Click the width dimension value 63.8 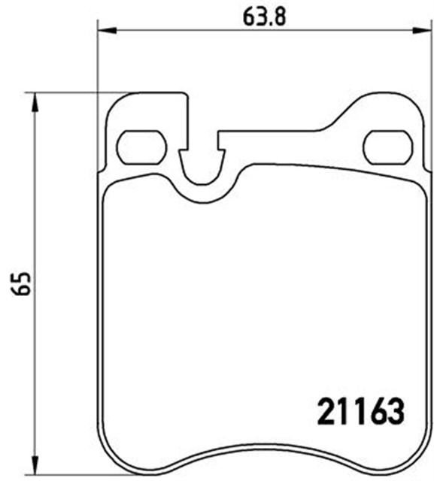(x=260, y=17)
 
